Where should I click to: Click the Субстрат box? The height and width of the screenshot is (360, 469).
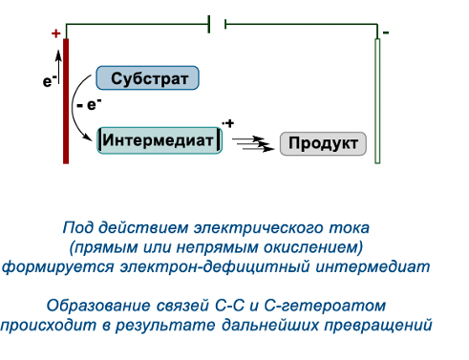point(148,78)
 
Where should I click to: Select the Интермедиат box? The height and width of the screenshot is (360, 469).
point(160,140)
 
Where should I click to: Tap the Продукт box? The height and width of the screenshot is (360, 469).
point(323,144)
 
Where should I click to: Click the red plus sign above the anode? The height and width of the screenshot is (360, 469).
point(55,33)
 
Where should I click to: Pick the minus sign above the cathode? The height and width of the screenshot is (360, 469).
point(386,32)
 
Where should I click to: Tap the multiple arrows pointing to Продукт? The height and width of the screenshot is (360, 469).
point(253,143)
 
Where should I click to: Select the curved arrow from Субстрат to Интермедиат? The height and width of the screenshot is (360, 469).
point(80,105)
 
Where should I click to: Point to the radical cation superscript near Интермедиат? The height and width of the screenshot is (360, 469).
point(227,123)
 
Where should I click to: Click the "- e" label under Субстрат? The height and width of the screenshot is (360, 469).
point(92,106)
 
